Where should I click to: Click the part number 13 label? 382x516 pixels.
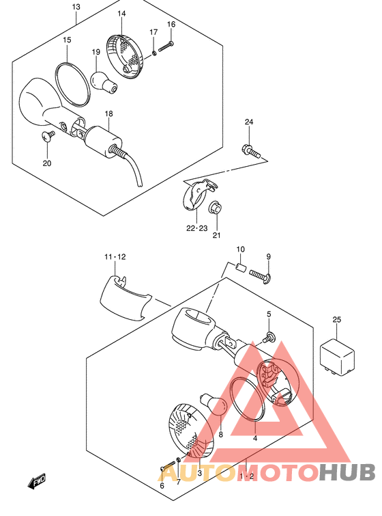click(x=76, y=7)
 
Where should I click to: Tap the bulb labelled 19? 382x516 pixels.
click(x=104, y=82)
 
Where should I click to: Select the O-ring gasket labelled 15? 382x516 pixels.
click(x=72, y=85)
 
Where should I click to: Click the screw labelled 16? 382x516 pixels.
click(x=166, y=46)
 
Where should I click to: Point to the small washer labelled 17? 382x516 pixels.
click(x=153, y=53)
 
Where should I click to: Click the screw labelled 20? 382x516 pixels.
click(x=48, y=135)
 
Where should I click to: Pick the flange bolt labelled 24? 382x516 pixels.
click(x=252, y=151)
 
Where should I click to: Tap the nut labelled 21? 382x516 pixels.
click(x=216, y=207)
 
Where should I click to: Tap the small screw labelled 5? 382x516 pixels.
click(x=269, y=338)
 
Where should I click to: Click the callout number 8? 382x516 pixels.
click(x=221, y=435)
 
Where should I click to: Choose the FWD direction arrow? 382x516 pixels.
click(x=36, y=482)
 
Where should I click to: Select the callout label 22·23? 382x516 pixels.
click(x=196, y=228)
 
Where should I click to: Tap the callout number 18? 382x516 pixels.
click(x=108, y=113)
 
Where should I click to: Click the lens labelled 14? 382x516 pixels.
click(x=125, y=57)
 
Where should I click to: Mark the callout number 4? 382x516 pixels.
click(x=255, y=438)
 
